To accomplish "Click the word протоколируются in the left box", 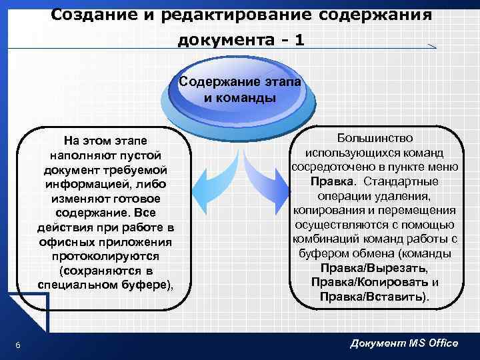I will click(x=106, y=256).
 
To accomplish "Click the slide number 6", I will click(x=17, y=344).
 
